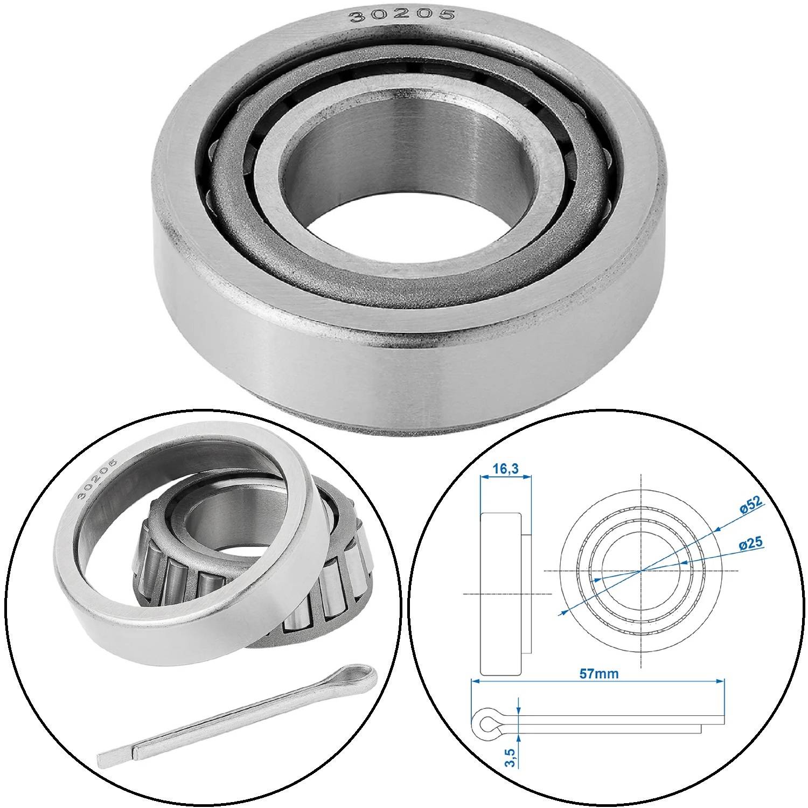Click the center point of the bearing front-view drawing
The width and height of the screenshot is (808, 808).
pos(640,570)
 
